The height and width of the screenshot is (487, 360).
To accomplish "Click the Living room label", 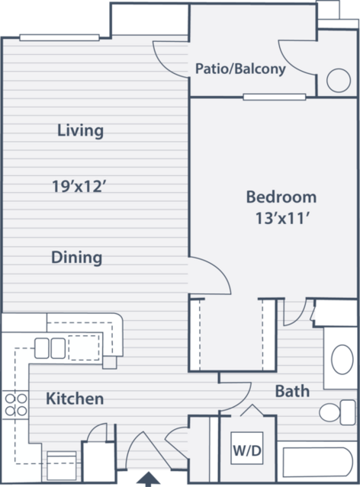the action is coord(81,130).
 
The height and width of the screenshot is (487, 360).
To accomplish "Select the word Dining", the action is coord(76,258).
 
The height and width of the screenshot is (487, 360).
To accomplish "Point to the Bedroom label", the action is coord(281,197).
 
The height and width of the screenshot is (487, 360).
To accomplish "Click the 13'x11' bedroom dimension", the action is coord(283,218).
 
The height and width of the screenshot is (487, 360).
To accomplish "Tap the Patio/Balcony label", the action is coord(240,69).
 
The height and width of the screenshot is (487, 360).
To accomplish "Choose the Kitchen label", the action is coord(75,399).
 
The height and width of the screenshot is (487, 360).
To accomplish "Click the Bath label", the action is coord(293,391).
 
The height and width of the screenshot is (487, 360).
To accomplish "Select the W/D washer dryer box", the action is coord(247,448).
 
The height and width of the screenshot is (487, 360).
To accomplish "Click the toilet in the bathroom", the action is coord(337,412).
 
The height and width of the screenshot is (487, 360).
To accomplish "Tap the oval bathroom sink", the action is coord(342,360).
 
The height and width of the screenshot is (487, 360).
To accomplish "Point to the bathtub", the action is coord(318,463).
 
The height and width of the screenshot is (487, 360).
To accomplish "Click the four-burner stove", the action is coord(16,405).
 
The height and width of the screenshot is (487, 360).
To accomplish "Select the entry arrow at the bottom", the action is coord(149,479).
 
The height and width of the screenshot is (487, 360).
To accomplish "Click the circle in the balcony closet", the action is coord(339,81).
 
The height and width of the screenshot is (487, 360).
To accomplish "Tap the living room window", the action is coord(59,38).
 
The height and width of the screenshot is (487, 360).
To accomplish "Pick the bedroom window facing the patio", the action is coord(275,98).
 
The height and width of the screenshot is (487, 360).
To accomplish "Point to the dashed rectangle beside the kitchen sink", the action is coord(84,348).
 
